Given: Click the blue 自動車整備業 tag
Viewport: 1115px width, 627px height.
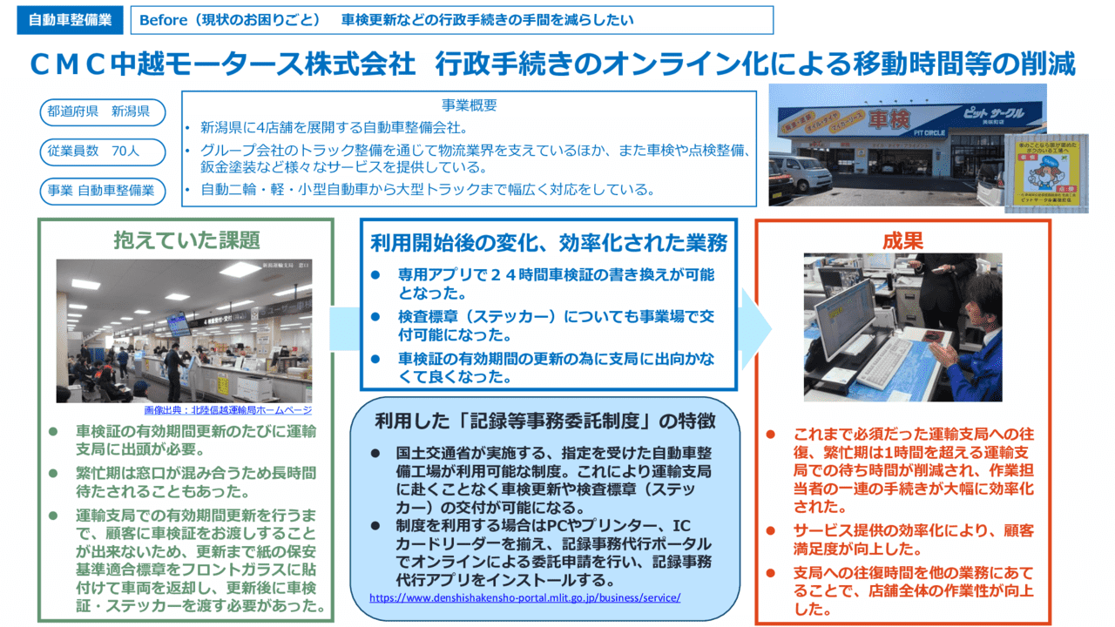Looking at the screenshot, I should click(71, 20).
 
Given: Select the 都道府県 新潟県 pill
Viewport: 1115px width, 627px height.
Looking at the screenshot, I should click(102, 112).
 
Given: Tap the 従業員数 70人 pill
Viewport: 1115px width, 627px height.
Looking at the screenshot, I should click(102, 152).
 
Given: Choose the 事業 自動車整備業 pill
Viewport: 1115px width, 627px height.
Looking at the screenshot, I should click(102, 190).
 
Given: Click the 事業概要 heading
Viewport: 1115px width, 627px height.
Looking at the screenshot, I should click(469, 105).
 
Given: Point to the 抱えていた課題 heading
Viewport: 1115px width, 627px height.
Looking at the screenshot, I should click(186, 239).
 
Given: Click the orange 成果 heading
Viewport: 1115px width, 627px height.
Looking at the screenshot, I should click(902, 239).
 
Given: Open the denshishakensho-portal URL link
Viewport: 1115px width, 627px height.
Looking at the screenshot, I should click(524, 598).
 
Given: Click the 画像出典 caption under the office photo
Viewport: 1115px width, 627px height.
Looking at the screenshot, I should click(227, 410).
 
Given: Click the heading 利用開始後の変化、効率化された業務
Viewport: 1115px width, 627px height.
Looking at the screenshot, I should click(549, 242).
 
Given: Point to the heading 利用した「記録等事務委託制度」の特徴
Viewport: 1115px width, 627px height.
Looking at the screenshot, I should click(545, 421).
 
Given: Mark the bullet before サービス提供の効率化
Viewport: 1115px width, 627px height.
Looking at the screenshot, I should click(771, 529).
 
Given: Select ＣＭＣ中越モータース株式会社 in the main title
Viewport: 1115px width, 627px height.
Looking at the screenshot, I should click(222, 64).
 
